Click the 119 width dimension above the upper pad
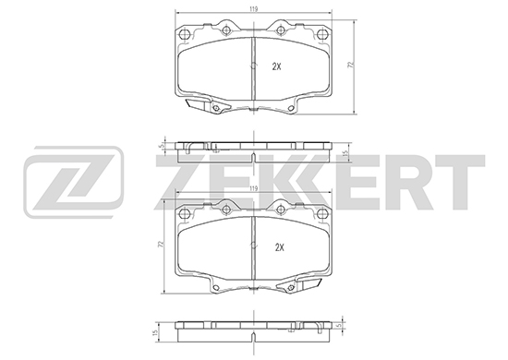[254, 9]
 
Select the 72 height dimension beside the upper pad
[350, 65]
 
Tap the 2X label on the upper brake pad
[276, 66]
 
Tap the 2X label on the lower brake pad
[279, 247]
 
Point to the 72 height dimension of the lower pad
[160, 244]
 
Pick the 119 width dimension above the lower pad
[254, 188]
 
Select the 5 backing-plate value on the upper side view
[160, 146]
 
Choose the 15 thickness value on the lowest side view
[155, 332]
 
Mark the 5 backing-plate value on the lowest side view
[339, 325]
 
